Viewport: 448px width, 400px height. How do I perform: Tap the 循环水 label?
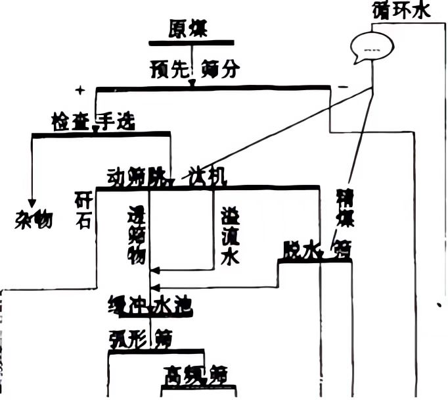(401, 11)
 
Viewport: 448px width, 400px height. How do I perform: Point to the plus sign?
(80, 89)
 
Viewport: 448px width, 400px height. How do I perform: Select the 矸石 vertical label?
(83, 211)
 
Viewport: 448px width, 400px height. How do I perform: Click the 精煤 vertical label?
(342, 208)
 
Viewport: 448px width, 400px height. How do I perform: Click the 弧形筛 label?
(141, 339)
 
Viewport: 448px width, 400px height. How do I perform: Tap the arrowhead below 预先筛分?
(192, 83)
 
